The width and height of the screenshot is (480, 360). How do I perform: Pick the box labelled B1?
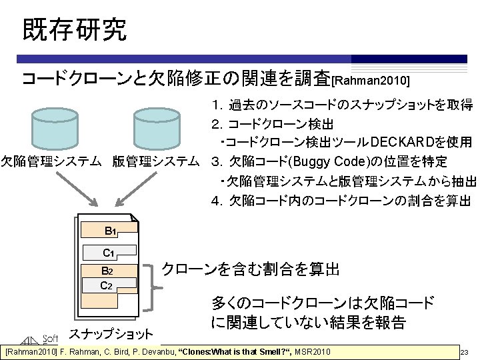110,231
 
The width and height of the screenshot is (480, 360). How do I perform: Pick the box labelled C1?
110,253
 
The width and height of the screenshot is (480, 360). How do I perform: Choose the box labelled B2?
107,271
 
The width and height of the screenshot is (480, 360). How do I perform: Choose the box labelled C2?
107,286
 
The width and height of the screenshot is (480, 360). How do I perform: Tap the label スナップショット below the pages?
111,333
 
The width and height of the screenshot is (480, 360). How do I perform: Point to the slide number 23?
465,352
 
